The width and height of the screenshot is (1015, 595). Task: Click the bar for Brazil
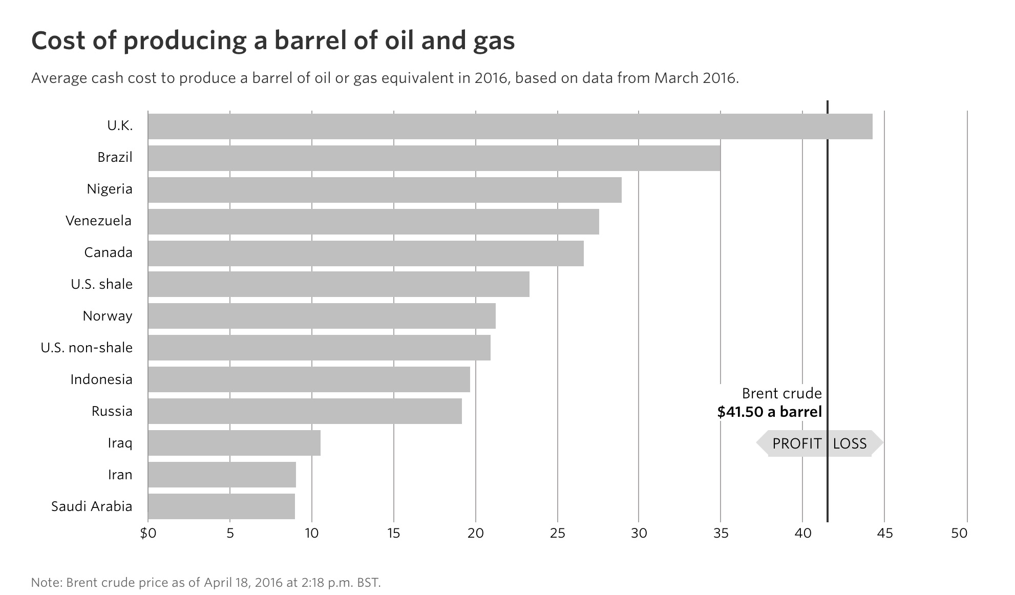[x=434, y=158]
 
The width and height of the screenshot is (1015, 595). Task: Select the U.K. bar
[x=510, y=126]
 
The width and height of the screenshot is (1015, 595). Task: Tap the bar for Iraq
[x=234, y=443]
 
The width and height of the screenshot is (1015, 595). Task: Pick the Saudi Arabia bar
[x=221, y=506]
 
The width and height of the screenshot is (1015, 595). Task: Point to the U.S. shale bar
[x=339, y=284]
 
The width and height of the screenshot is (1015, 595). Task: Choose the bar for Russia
[x=305, y=411]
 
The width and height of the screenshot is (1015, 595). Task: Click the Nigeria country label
[x=110, y=189]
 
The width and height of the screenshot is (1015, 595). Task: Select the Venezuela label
[x=98, y=221]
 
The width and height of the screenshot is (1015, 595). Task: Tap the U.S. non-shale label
[x=87, y=348]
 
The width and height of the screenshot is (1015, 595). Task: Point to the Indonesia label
[x=101, y=379]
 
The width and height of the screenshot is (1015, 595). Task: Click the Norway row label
[x=108, y=316]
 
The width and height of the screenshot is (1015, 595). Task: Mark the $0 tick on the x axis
[x=147, y=534]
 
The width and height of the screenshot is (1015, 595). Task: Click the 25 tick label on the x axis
[x=557, y=534]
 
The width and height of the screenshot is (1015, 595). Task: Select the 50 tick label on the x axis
[x=959, y=534]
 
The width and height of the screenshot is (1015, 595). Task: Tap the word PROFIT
[x=797, y=443]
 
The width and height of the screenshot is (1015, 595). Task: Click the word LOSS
[x=850, y=443]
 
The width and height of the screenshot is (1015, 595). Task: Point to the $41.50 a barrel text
[x=769, y=412]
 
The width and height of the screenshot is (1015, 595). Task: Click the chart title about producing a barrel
[x=273, y=41]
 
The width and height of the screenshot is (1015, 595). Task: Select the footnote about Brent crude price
[x=206, y=583]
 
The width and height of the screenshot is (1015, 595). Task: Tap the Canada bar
[x=366, y=253]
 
